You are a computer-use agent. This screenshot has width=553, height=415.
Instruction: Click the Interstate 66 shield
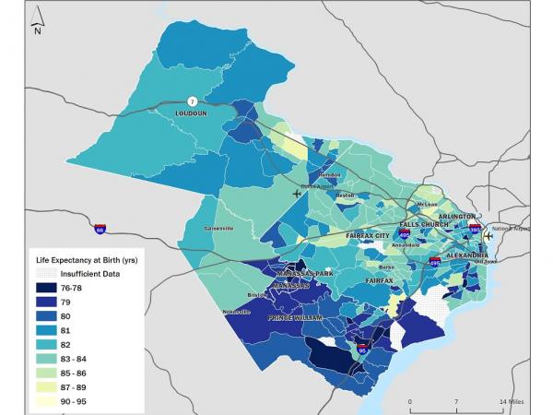click(x=100, y=228)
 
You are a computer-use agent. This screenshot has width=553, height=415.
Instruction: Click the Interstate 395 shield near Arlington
click(x=475, y=225)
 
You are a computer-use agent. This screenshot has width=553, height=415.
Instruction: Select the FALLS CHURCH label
click(x=423, y=225)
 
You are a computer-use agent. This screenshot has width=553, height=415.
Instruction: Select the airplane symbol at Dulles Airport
click(x=297, y=194)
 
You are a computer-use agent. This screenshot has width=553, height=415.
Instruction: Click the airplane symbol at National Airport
click(x=488, y=235)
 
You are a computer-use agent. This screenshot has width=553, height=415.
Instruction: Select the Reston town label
click(x=345, y=196)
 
